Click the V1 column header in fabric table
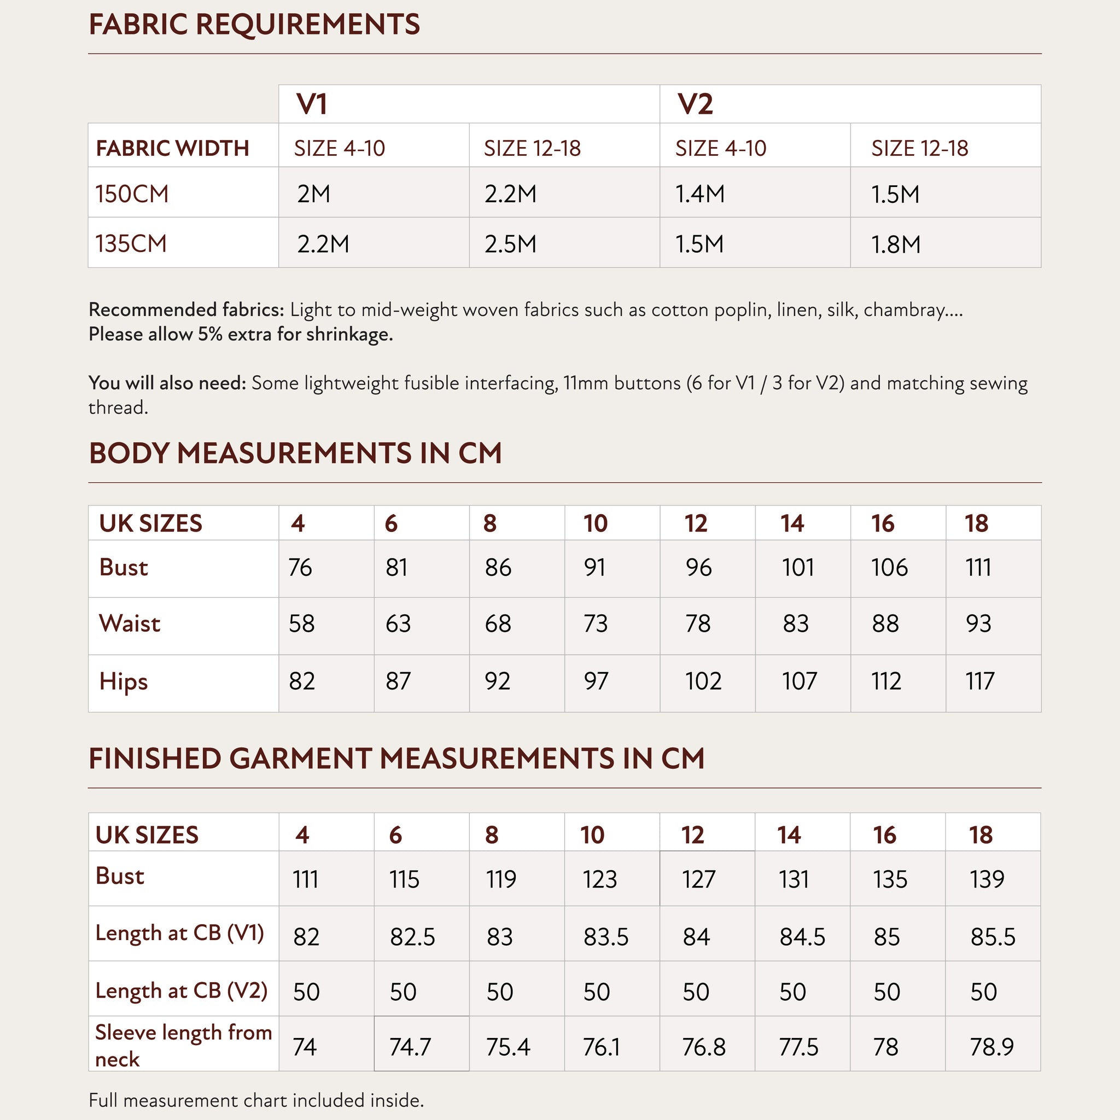click(x=312, y=104)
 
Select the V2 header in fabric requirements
click(x=695, y=104)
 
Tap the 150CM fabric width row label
click(x=132, y=194)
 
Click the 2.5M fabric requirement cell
click(x=510, y=244)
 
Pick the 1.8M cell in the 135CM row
click(x=896, y=244)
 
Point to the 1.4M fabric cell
click(x=699, y=194)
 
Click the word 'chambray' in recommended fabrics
click(x=904, y=310)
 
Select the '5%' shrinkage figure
click(x=211, y=335)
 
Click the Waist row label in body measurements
click(x=130, y=624)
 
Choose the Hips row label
click(x=123, y=681)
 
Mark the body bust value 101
click(x=798, y=567)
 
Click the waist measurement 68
click(x=498, y=624)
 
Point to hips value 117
click(x=979, y=681)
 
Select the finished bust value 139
click(x=987, y=879)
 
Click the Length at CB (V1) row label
click(x=180, y=933)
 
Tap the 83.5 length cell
click(x=606, y=937)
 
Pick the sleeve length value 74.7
click(x=411, y=1047)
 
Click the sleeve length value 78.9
click(x=991, y=1047)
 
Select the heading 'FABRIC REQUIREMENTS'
click(x=254, y=25)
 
